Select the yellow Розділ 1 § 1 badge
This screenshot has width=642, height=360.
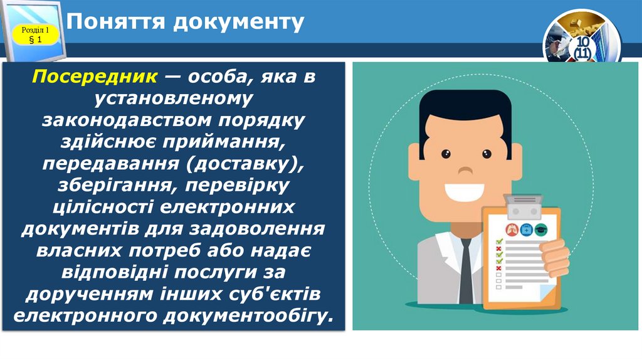click(x=35, y=35)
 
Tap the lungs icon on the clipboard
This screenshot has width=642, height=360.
click(x=508, y=229)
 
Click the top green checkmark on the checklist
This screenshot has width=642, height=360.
click(x=500, y=242)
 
